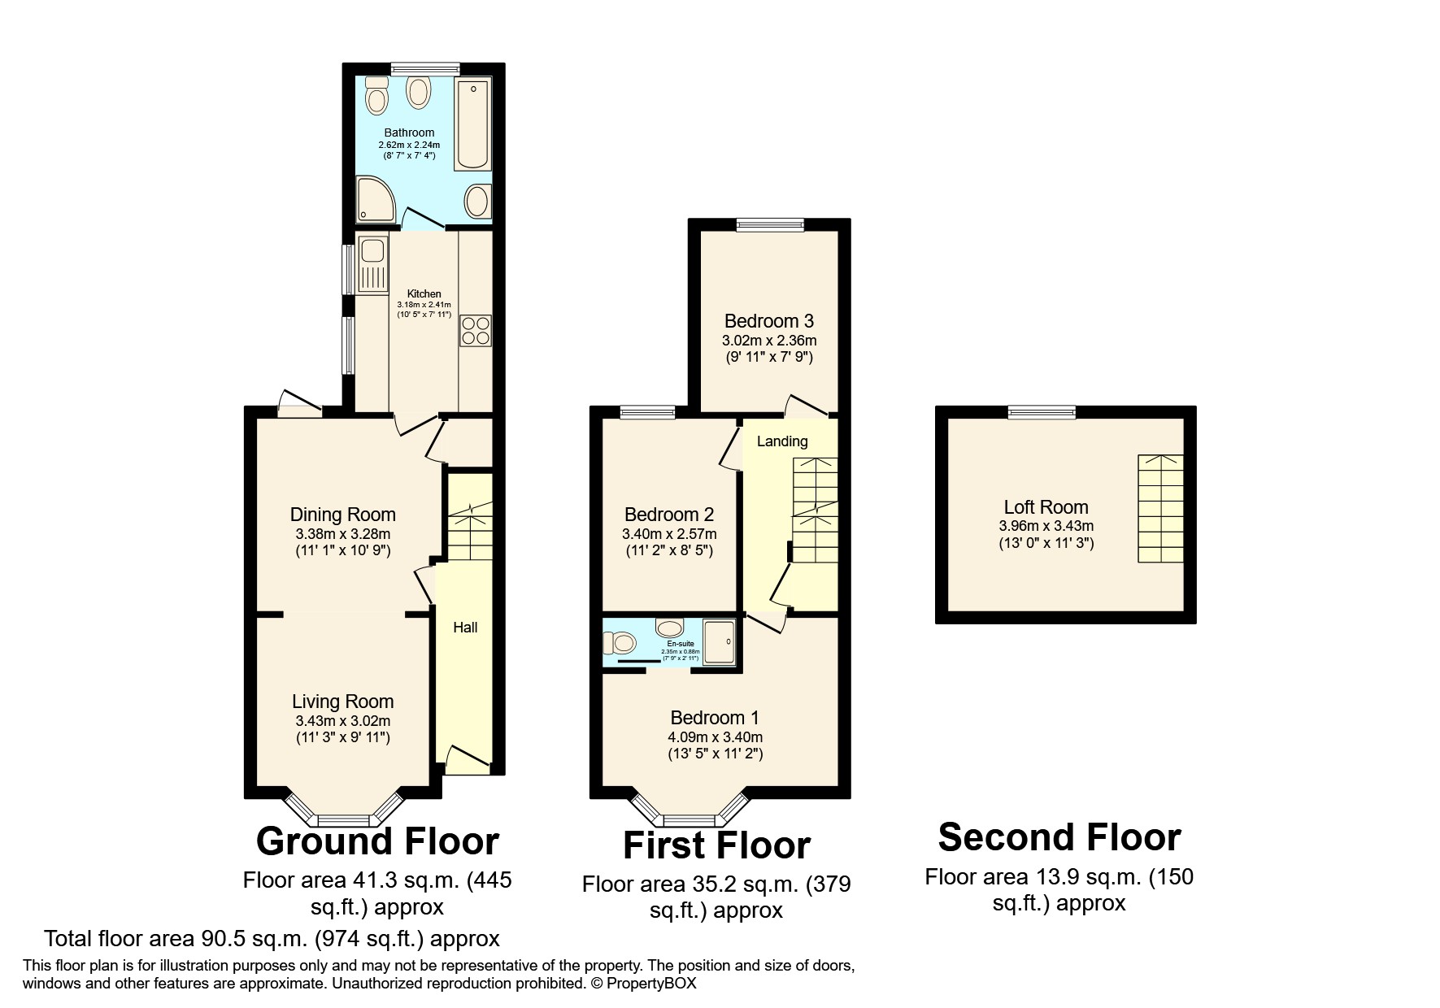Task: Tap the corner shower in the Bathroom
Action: [376, 200]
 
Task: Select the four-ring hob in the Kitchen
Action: [476, 331]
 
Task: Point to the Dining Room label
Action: [342, 515]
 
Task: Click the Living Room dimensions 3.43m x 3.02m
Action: [342, 721]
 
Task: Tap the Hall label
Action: [465, 628]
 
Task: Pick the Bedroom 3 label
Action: [768, 321]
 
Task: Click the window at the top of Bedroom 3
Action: [769, 225]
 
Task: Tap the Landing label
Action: [781, 441]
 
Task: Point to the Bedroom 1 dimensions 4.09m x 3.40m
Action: [715, 737]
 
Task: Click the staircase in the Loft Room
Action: [1159, 508]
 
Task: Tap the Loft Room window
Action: [1042, 413]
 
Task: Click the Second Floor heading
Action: [1059, 837]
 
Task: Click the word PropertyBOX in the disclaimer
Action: [650, 984]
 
